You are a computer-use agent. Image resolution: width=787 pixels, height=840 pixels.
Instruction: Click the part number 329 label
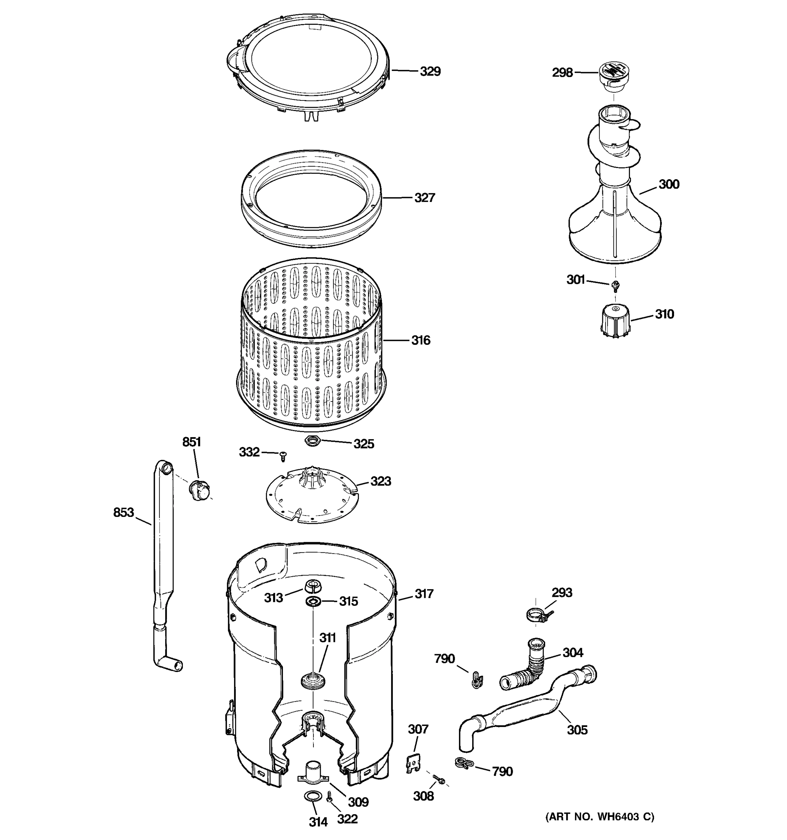(430, 71)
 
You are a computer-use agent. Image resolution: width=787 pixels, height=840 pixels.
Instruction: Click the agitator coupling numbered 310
(615, 323)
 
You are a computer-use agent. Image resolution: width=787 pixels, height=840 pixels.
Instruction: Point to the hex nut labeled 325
(313, 441)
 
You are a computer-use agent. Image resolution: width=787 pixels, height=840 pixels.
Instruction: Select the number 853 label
(123, 512)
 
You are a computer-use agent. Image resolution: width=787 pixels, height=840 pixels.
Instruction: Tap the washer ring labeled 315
(313, 601)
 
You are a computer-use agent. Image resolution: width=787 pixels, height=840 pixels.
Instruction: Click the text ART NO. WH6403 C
(600, 828)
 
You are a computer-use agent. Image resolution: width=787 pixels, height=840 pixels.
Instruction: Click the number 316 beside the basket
(420, 340)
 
